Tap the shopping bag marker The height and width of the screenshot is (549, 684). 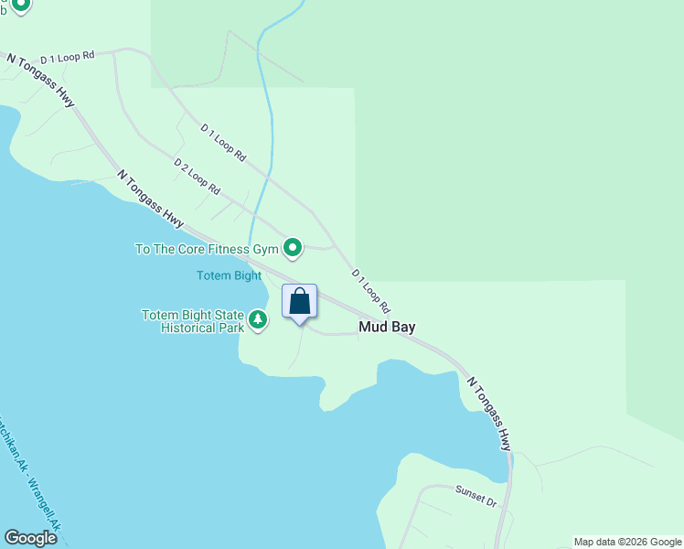(x=299, y=302)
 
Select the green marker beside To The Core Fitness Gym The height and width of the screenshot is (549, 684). (x=293, y=248)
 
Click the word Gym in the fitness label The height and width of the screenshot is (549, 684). (x=265, y=249)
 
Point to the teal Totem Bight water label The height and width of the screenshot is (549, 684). (x=229, y=275)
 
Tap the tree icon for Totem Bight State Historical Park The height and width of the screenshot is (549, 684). (x=258, y=319)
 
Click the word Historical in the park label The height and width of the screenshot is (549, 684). (x=201, y=327)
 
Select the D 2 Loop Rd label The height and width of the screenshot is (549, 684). (x=198, y=176)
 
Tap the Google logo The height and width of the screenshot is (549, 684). (x=30, y=538)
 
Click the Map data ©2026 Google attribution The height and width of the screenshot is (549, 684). (x=627, y=542)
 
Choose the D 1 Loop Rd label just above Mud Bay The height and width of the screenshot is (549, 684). (x=371, y=292)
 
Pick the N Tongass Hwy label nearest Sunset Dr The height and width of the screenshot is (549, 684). (x=489, y=414)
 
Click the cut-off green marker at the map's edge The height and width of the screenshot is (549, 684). (x=19, y=5)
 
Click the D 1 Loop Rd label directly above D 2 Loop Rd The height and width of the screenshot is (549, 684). (x=223, y=144)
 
